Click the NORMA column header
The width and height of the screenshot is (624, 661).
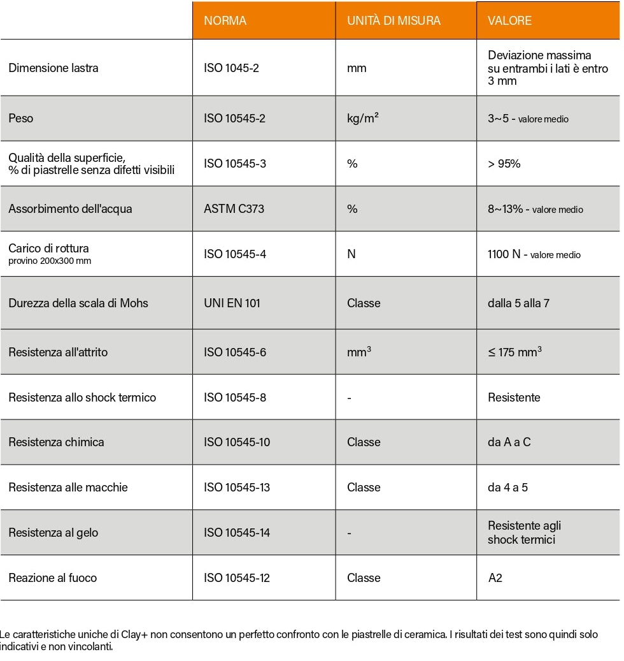[225, 21]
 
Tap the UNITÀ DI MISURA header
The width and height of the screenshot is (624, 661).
[394, 21]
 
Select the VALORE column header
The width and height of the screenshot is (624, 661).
[509, 21]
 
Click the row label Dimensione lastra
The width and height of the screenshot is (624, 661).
[53, 68]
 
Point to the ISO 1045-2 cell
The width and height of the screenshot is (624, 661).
[231, 68]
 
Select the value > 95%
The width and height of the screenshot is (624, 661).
[504, 164]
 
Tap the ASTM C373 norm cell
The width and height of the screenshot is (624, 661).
[233, 209]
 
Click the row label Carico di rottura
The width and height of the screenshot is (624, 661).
[49, 249]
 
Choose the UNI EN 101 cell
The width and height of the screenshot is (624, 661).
[232, 303]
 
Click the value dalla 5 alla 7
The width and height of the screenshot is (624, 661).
[518, 303]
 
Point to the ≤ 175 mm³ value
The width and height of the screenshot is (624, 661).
[514, 352]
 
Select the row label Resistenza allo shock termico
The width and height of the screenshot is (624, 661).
[82, 397]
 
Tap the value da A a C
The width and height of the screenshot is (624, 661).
[509, 442]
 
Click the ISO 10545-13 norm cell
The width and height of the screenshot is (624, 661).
[237, 488]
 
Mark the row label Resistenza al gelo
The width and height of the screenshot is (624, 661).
[53, 533]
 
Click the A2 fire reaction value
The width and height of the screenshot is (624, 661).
[495, 578]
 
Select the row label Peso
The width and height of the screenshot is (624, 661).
[21, 119]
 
